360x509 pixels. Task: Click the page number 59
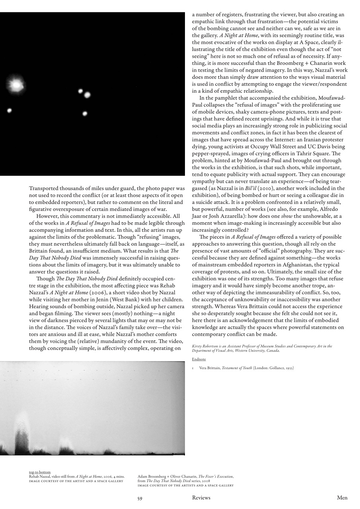[140, 498]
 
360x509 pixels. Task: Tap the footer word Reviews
[201, 498]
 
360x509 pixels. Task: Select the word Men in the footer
[342, 498]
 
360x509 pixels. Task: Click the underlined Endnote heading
[199, 359]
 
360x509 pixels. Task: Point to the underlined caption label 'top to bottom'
[40, 472]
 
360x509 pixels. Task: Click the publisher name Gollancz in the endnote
[271, 368]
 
